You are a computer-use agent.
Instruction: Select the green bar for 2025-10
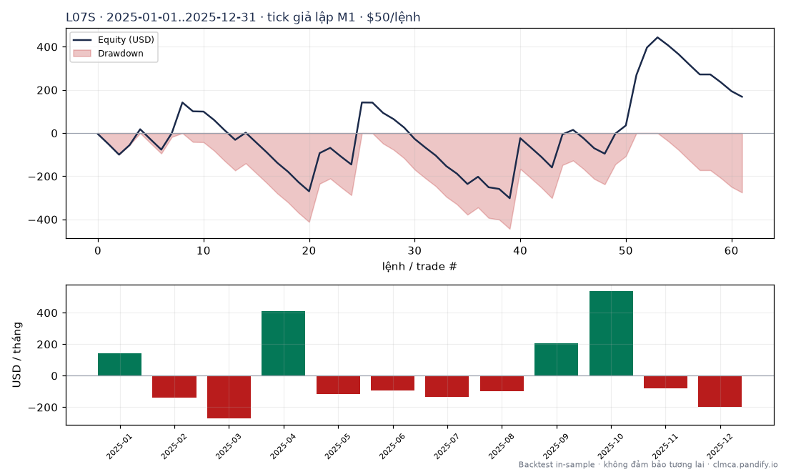click(611, 333)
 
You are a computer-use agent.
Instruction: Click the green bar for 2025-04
click(283, 343)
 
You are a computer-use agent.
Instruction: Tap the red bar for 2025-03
click(229, 397)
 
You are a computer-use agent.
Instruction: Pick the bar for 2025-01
click(119, 365)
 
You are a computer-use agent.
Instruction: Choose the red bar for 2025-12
click(720, 391)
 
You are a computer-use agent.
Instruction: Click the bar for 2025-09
click(557, 360)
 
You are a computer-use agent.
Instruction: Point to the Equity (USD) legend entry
click(114, 39)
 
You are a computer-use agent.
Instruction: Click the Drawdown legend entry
click(109, 53)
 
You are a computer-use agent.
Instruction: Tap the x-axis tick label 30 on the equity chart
click(414, 250)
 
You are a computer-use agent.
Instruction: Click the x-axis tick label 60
click(732, 250)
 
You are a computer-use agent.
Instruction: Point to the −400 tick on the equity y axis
click(43, 220)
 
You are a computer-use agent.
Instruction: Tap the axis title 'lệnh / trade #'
click(419, 266)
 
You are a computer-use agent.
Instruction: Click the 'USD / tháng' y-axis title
click(17, 355)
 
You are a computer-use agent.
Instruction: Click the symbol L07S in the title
click(81, 18)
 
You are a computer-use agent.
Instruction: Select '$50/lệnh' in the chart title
click(394, 18)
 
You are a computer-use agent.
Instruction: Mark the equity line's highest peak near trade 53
click(657, 37)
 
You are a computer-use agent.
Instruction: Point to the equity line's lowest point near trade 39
click(509, 199)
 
